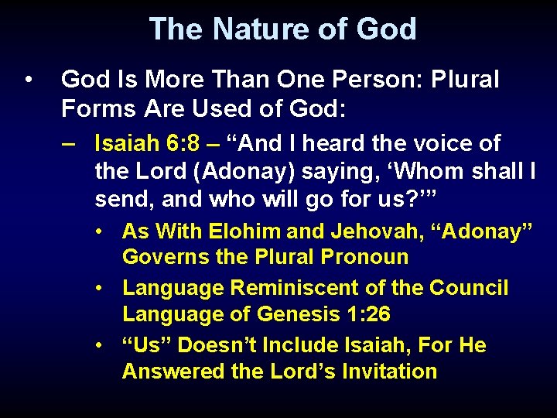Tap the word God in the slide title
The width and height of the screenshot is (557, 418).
(x=386, y=29)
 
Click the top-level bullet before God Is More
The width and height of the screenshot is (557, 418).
(x=29, y=80)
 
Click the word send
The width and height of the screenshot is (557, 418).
(x=120, y=198)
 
